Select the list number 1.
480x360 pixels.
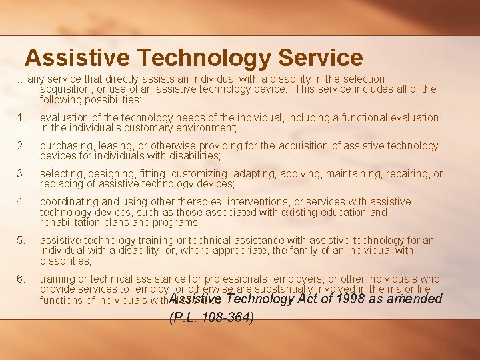pyautogui.click(x=21, y=117)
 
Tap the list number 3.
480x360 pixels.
pyautogui.click(x=21, y=173)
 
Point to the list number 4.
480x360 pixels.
pyautogui.click(x=21, y=201)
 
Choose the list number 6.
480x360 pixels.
pyautogui.click(x=21, y=279)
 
